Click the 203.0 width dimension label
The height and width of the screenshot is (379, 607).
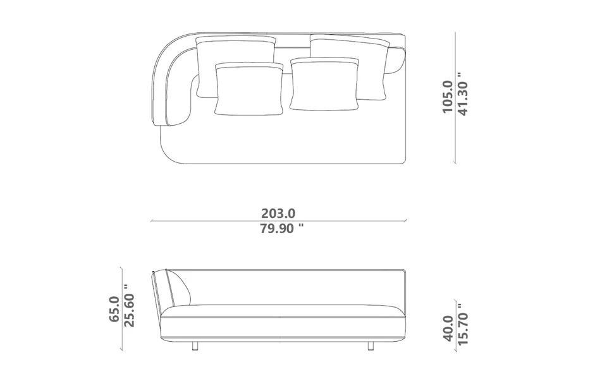click(278, 214)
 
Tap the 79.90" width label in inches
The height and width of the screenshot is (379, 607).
click(281, 229)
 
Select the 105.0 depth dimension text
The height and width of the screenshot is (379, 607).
click(447, 97)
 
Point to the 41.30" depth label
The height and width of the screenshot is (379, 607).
click(463, 94)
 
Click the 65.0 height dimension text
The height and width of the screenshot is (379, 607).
click(114, 309)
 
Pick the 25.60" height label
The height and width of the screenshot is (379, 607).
click(129, 306)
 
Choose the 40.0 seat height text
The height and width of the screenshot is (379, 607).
click(448, 328)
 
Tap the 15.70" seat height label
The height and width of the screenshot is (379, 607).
click(463, 324)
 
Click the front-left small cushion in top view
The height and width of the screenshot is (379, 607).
click(248, 89)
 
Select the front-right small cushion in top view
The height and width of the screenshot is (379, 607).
click(324, 84)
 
